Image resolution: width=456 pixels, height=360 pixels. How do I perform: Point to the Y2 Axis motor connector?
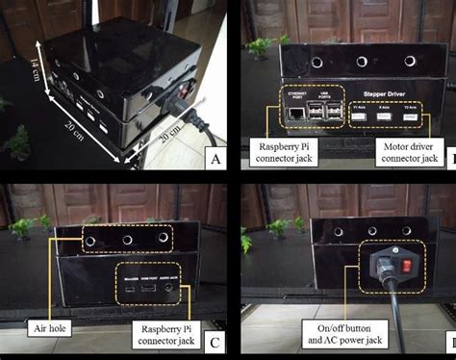click(411, 116)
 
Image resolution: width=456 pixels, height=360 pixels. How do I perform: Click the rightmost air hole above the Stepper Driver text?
click(409, 61)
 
